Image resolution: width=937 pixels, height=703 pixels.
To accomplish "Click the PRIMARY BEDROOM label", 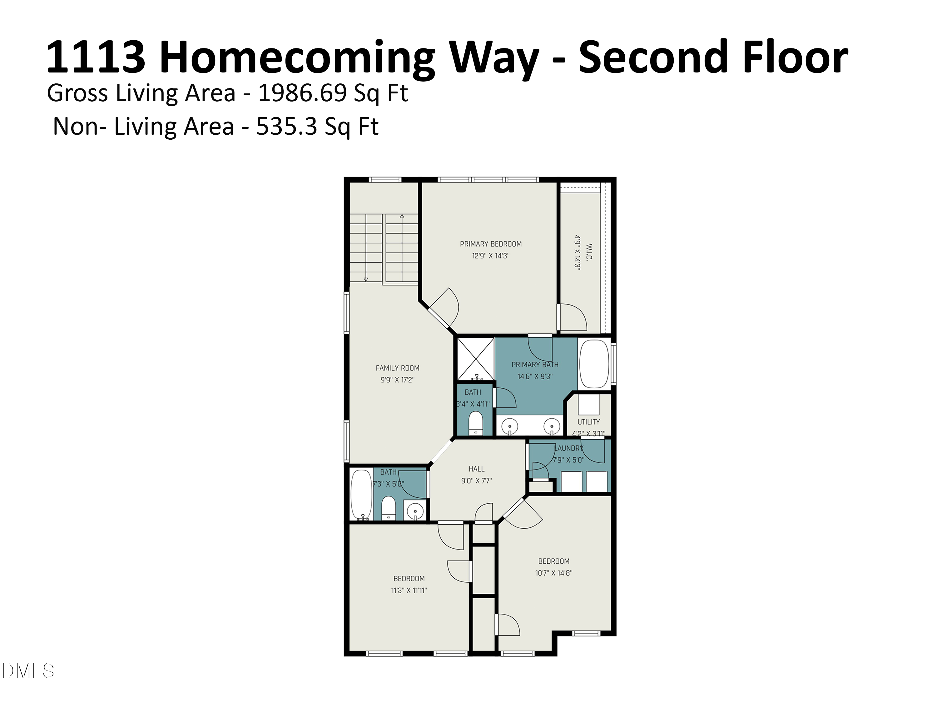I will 491,244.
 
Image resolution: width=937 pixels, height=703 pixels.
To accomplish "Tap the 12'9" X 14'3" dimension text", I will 491,256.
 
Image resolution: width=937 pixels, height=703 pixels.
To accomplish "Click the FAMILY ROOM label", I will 397,368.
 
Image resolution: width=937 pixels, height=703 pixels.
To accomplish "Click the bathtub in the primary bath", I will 593,364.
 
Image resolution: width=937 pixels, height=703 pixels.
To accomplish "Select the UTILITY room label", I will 588,422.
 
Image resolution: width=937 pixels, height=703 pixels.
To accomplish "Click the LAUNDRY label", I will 569,448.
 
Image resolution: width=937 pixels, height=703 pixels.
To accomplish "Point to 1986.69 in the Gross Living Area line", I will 303,93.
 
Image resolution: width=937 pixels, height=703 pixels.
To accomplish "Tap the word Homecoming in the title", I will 297,57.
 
